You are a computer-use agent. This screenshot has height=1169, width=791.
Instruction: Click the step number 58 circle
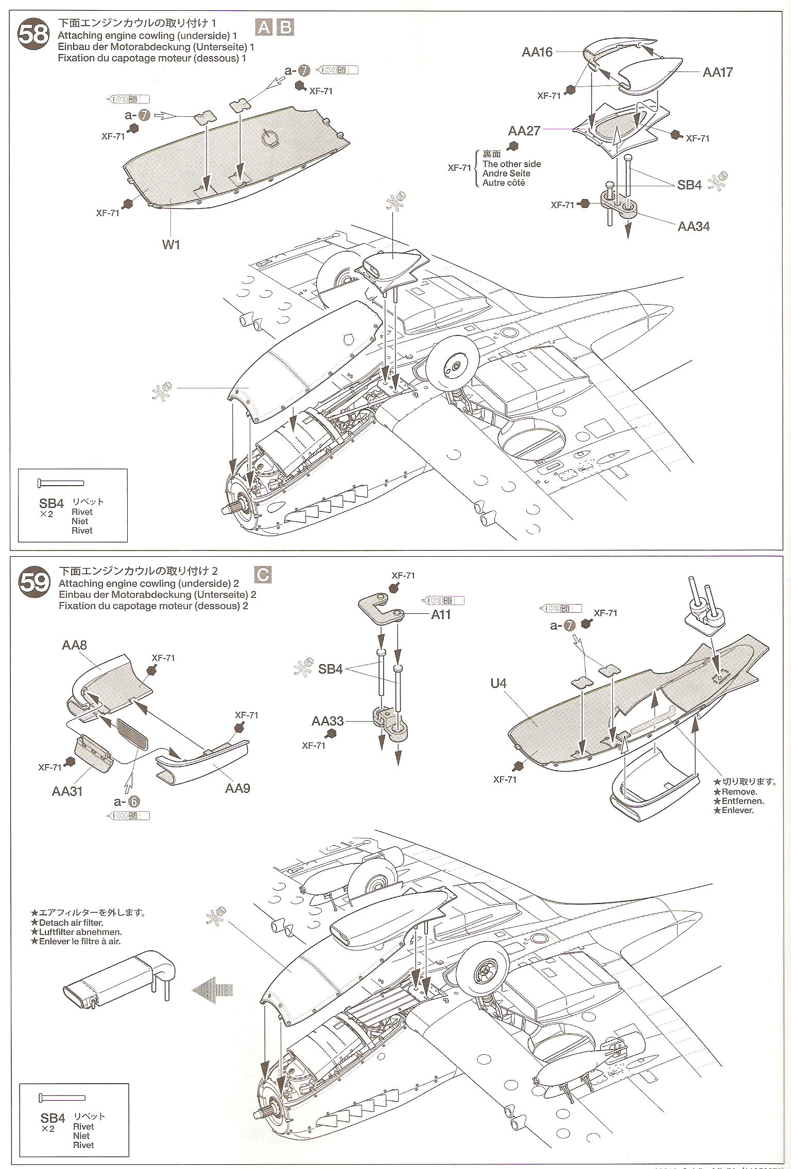pos(33,35)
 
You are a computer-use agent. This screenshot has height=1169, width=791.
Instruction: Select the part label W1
pos(171,244)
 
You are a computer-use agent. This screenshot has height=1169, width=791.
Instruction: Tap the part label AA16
pos(537,52)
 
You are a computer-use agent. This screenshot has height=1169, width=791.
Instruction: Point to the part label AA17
pos(717,72)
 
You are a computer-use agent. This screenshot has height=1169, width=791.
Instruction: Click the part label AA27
pos(524,131)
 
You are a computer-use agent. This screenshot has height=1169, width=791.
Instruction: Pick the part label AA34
pos(693,226)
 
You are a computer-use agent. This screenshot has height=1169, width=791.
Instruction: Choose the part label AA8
pos(74,645)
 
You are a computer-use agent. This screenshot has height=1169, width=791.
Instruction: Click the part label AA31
pos(67,791)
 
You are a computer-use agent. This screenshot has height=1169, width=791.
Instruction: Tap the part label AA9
pos(237,788)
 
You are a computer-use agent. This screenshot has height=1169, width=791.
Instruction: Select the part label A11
pos(441,614)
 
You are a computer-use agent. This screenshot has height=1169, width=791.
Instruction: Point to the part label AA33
pos(328,721)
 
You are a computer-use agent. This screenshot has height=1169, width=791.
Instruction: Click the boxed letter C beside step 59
pos(263,575)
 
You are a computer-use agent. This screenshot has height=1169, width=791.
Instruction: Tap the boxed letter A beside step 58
pos(263,27)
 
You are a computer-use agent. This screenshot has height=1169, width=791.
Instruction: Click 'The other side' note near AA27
pos(511,164)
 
